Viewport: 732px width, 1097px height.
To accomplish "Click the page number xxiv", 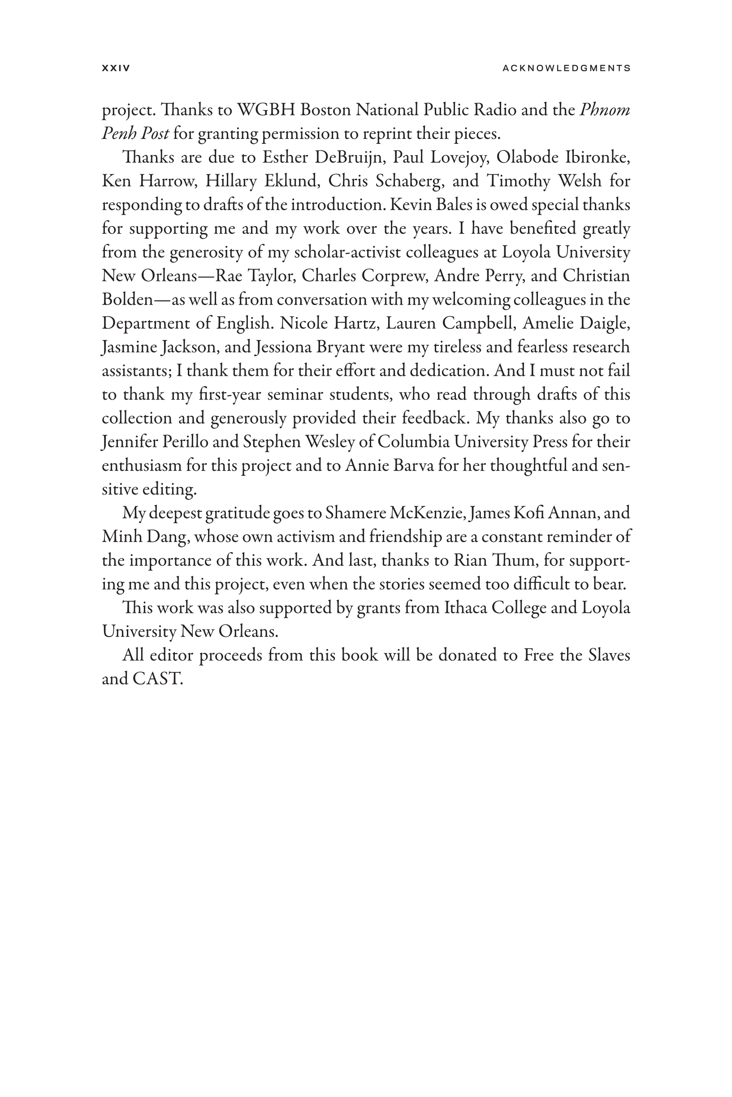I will [116, 68].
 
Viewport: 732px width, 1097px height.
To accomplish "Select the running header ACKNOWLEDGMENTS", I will [566, 68].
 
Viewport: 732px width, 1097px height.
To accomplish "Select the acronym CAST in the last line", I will [156, 679].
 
